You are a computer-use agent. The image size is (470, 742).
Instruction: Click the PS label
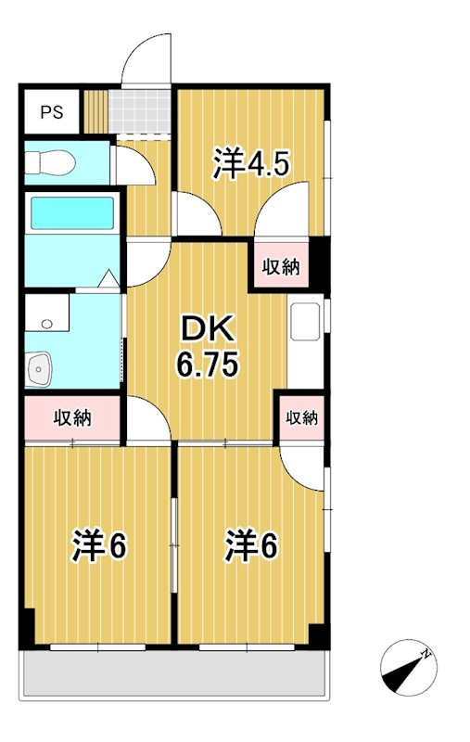pos(51,113)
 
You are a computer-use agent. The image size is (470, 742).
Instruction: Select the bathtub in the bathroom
pos(71,212)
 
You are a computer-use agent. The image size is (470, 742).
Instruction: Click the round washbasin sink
pos(40,369)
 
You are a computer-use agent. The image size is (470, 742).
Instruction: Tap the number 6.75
pos(208,364)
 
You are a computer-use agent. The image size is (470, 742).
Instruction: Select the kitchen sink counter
pos(305,324)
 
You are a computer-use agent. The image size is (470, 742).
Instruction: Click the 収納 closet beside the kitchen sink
pos(280,267)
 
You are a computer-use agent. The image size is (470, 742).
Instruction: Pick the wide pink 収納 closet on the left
pos(71,417)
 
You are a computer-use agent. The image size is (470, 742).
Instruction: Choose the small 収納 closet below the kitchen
pos(301,418)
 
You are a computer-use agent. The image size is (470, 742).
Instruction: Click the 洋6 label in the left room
pos(99,547)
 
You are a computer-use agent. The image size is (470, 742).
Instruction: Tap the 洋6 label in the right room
pos(250,547)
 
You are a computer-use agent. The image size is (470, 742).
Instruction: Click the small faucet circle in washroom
pos(48,324)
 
